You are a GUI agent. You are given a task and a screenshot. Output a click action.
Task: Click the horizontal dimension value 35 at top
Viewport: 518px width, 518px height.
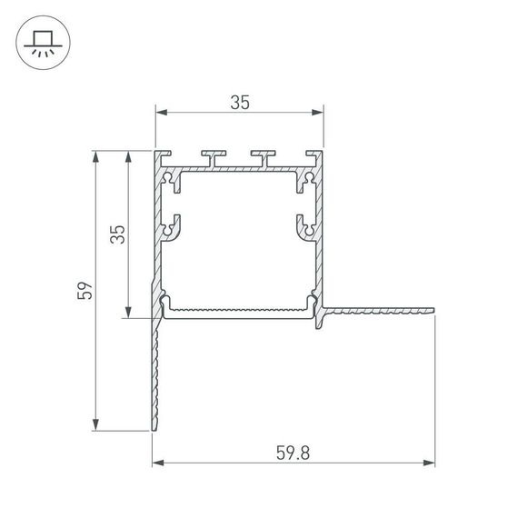[x=239, y=103]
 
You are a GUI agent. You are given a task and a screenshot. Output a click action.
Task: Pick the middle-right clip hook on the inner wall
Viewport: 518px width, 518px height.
[x=305, y=226]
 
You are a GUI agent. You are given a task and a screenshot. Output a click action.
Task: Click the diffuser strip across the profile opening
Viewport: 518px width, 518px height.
[x=239, y=310]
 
